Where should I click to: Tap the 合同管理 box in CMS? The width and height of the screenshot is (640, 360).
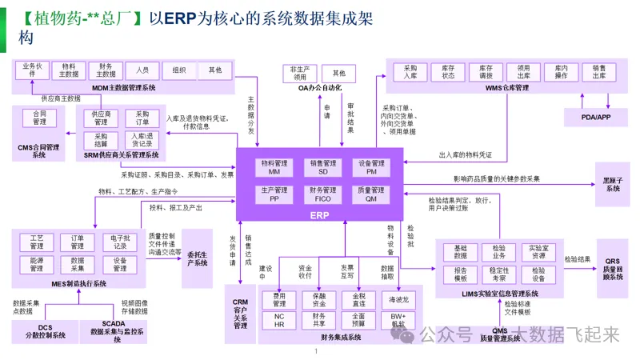[x=39, y=118]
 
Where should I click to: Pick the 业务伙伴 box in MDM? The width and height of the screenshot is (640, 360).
[x=32, y=70]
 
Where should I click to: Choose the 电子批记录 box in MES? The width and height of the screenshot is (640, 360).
[x=120, y=242]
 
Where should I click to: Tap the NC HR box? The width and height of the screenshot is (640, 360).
[x=279, y=320]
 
